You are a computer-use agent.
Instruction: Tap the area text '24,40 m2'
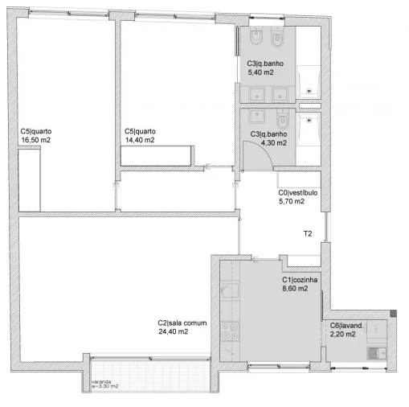173,331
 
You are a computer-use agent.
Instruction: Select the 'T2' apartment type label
308,234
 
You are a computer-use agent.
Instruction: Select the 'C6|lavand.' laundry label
348,326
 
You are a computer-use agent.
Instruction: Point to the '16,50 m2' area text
36,140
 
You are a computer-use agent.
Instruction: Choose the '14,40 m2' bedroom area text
140,140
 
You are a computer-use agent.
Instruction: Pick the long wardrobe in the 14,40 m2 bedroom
157,155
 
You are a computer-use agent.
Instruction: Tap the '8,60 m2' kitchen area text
297,289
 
